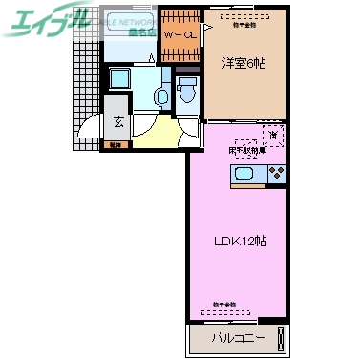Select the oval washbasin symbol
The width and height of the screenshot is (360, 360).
[161, 95]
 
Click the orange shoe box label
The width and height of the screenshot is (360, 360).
[116, 145]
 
